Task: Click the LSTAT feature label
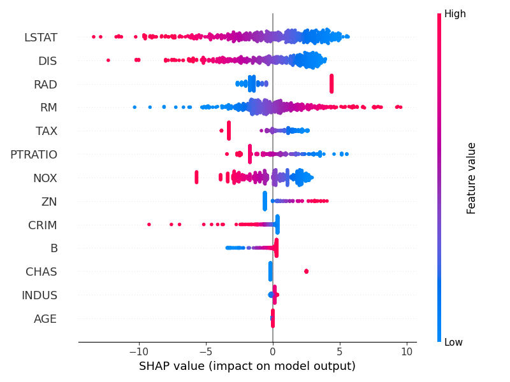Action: tap(41, 38)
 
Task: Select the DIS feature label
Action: tap(47, 61)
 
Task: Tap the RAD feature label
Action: tap(45, 85)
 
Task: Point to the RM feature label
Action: tap(48, 108)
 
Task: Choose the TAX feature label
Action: tap(47, 131)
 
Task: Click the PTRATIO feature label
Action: tap(34, 155)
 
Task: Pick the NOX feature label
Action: tap(45, 178)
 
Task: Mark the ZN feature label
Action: tap(49, 202)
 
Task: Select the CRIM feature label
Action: tap(43, 225)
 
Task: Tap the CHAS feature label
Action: tap(41, 272)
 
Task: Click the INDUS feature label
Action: tap(40, 295)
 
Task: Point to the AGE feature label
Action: tap(45, 319)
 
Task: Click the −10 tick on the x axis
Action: tap(137, 351)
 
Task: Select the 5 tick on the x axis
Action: tap(340, 351)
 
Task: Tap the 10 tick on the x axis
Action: tap(407, 351)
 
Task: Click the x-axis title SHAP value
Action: tap(247, 366)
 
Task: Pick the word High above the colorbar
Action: tap(455, 14)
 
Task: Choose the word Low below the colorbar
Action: tap(453, 343)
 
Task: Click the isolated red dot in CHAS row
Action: tap(306, 272)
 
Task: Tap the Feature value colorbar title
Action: tap(472, 178)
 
